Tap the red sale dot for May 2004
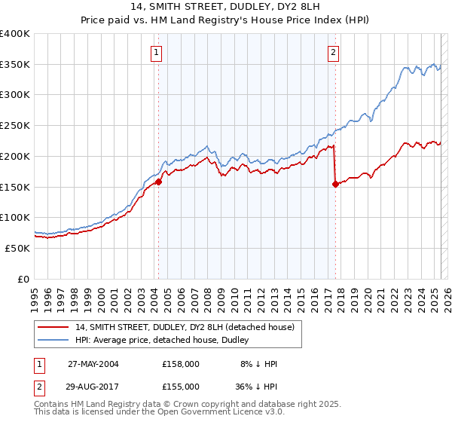pos(159,182)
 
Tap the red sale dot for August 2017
pos(335,183)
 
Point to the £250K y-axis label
pos(15,125)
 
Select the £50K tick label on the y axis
pos(18,247)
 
